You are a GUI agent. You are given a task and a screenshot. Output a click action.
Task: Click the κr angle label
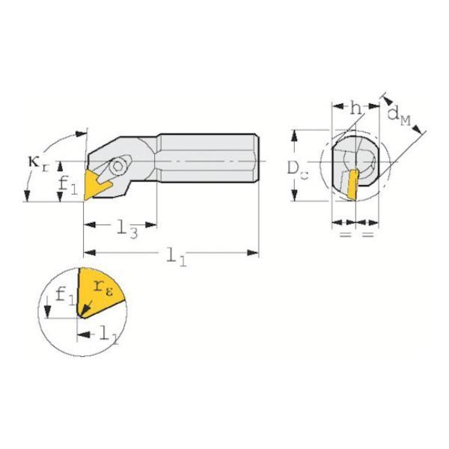click(38, 164)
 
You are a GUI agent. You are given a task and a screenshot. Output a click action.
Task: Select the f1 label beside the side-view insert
click(68, 186)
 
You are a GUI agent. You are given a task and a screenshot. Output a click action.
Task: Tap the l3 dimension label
click(128, 229)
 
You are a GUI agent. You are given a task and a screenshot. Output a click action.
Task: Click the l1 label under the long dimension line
click(177, 257)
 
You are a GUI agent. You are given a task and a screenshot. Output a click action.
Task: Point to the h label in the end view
click(356, 109)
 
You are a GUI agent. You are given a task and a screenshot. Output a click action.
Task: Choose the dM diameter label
click(399, 116)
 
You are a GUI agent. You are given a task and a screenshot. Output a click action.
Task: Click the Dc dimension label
click(298, 170)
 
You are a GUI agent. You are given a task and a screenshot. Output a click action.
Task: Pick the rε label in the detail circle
click(103, 288)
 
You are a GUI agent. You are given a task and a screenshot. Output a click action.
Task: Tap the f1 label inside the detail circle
click(65, 296)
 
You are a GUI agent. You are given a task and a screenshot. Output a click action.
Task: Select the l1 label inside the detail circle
click(109, 336)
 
